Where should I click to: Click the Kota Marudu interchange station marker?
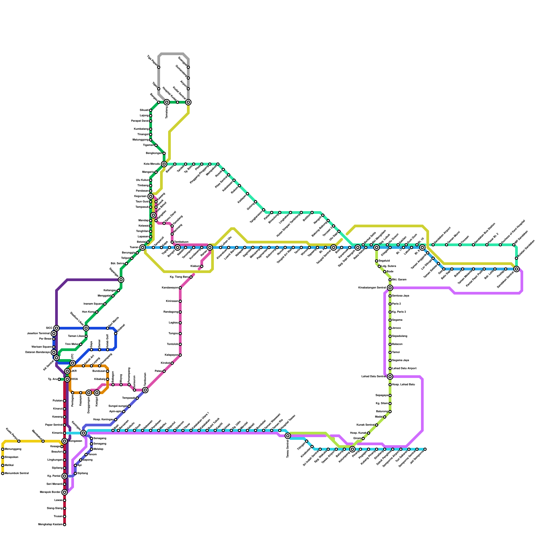[164, 164]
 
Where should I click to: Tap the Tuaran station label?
[134, 247]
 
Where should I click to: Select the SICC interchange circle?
[56, 328]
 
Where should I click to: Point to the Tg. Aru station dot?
[59, 379]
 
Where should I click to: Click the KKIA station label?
[75, 379]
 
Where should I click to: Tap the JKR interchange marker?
[67, 371]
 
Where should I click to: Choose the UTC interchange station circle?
[73, 363]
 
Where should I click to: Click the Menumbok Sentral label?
[17, 473]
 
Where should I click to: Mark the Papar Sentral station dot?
[65, 425]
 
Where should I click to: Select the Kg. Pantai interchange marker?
[65, 476]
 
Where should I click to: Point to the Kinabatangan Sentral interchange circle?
[390, 288]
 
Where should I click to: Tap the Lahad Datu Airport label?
[404, 369]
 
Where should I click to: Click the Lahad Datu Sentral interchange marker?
[390, 377]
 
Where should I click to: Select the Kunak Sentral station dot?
[377, 425]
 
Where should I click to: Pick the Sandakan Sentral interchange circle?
[516, 269]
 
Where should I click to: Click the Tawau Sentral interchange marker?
[288, 436]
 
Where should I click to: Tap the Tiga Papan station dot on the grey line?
[159, 67]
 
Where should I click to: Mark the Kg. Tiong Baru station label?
[179, 277]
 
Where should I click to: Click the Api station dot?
[75, 465]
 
